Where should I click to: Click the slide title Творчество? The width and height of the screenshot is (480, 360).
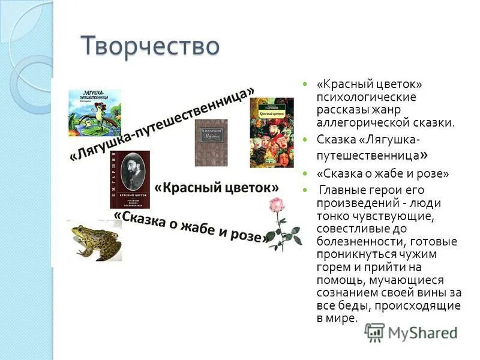click(151, 46)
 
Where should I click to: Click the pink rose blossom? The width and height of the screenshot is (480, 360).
click(275, 206)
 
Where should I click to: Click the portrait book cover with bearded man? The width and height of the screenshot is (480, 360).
click(133, 179)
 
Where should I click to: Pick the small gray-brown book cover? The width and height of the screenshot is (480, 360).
click(211, 142)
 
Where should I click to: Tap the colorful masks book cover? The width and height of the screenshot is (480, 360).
click(271, 132)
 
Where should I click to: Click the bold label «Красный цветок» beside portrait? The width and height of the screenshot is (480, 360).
click(217, 187)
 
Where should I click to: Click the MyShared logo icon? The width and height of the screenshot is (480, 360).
click(375, 332)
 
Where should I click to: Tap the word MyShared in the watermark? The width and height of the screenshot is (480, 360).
click(422, 332)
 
